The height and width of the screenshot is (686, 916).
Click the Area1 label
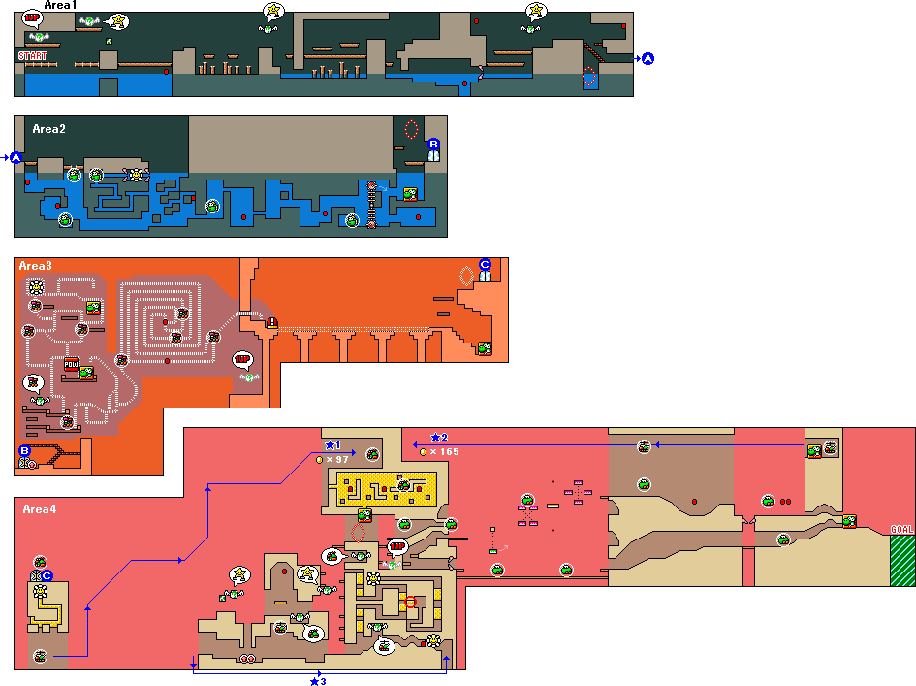[x=61, y=6]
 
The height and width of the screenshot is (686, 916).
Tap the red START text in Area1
[x=33, y=56]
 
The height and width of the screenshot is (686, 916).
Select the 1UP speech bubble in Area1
[x=33, y=17]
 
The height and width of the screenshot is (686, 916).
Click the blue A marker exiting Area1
[x=648, y=59]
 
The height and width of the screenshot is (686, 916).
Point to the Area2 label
[x=48, y=128]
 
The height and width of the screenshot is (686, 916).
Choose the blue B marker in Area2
[x=433, y=144]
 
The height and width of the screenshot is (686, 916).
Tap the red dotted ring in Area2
[x=411, y=129]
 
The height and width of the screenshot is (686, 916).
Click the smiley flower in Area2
[x=136, y=175]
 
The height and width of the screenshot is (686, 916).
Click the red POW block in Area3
[x=71, y=365]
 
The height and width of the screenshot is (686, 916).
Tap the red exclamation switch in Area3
[x=271, y=323]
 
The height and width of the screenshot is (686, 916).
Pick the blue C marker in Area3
[x=486, y=264]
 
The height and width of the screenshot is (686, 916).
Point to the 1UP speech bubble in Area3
[x=243, y=359]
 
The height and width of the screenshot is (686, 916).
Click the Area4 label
[x=39, y=509]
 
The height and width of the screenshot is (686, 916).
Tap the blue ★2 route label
[x=439, y=438]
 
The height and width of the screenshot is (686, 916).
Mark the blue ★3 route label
[x=317, y=681]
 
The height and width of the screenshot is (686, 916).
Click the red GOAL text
[x=901, y=529]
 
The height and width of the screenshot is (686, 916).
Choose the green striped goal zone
[x=901, y=560]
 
